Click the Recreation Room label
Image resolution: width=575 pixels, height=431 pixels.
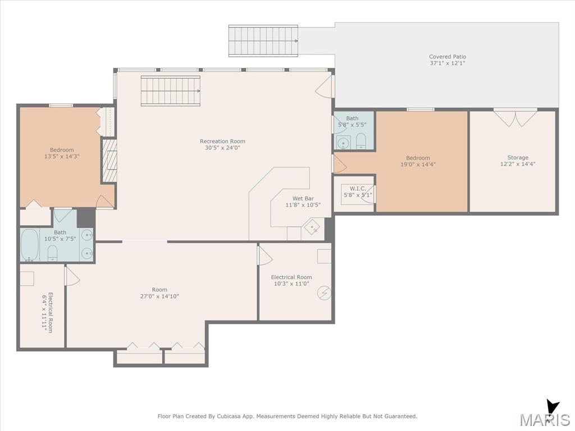coord(222,141)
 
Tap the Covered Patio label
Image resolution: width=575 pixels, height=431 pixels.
coord(448,57)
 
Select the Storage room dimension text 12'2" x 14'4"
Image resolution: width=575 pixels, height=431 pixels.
coord(518,164)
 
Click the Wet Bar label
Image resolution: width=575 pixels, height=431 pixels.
coord(303,199)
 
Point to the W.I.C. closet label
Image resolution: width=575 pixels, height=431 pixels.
coord(358,189)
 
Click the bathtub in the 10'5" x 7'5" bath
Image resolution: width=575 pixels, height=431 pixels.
coord(30,245)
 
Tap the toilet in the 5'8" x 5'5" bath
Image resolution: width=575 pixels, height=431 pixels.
coord(361,141)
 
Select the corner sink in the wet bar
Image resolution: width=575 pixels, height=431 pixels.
coord(312,227)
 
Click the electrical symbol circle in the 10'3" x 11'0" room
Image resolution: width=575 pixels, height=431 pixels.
coord(324,293)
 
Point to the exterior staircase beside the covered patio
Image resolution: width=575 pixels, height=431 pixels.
coord(263,40)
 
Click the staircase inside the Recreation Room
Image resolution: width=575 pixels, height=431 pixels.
coord(171,91)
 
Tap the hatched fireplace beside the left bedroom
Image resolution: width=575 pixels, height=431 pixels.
coord(109,161)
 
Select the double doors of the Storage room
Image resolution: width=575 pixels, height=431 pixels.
coord(515,118)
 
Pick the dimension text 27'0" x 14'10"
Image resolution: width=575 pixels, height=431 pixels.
coord(159,296)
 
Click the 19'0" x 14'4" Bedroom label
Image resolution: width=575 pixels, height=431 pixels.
coord(418,158)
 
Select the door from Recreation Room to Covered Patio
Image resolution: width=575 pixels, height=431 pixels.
coord(325,87)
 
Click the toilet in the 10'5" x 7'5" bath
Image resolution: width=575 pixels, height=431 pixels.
coord(52,253)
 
